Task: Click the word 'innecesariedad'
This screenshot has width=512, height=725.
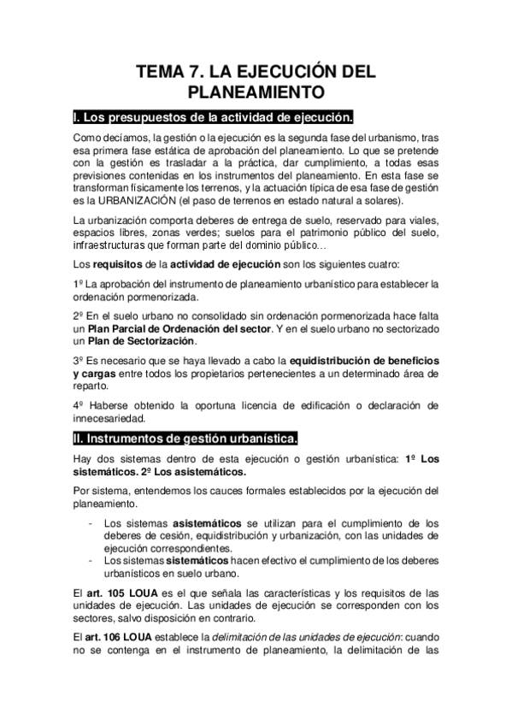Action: tap(109, 418)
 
